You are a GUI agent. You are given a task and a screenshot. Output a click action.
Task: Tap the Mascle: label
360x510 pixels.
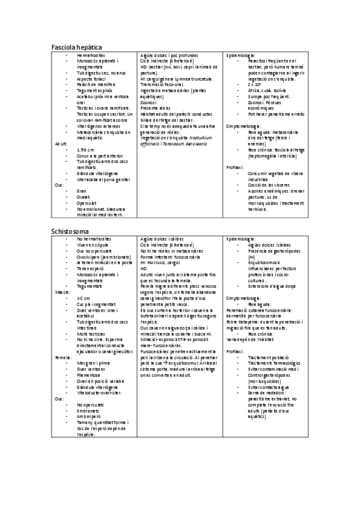coord(63,292)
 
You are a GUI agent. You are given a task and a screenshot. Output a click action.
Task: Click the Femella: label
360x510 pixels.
coord(64,357)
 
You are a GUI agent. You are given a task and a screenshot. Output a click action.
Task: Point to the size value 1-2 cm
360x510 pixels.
coord(84,298)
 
